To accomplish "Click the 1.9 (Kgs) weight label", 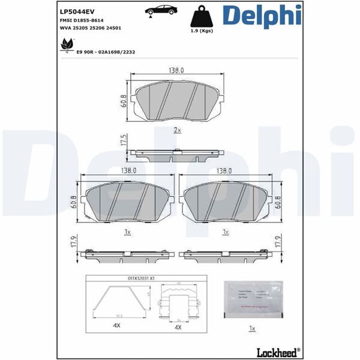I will click(x=201, y=31).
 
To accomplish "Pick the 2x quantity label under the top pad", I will click(x=177, y=130).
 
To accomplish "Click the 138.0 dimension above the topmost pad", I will click(x=176, y=71).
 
